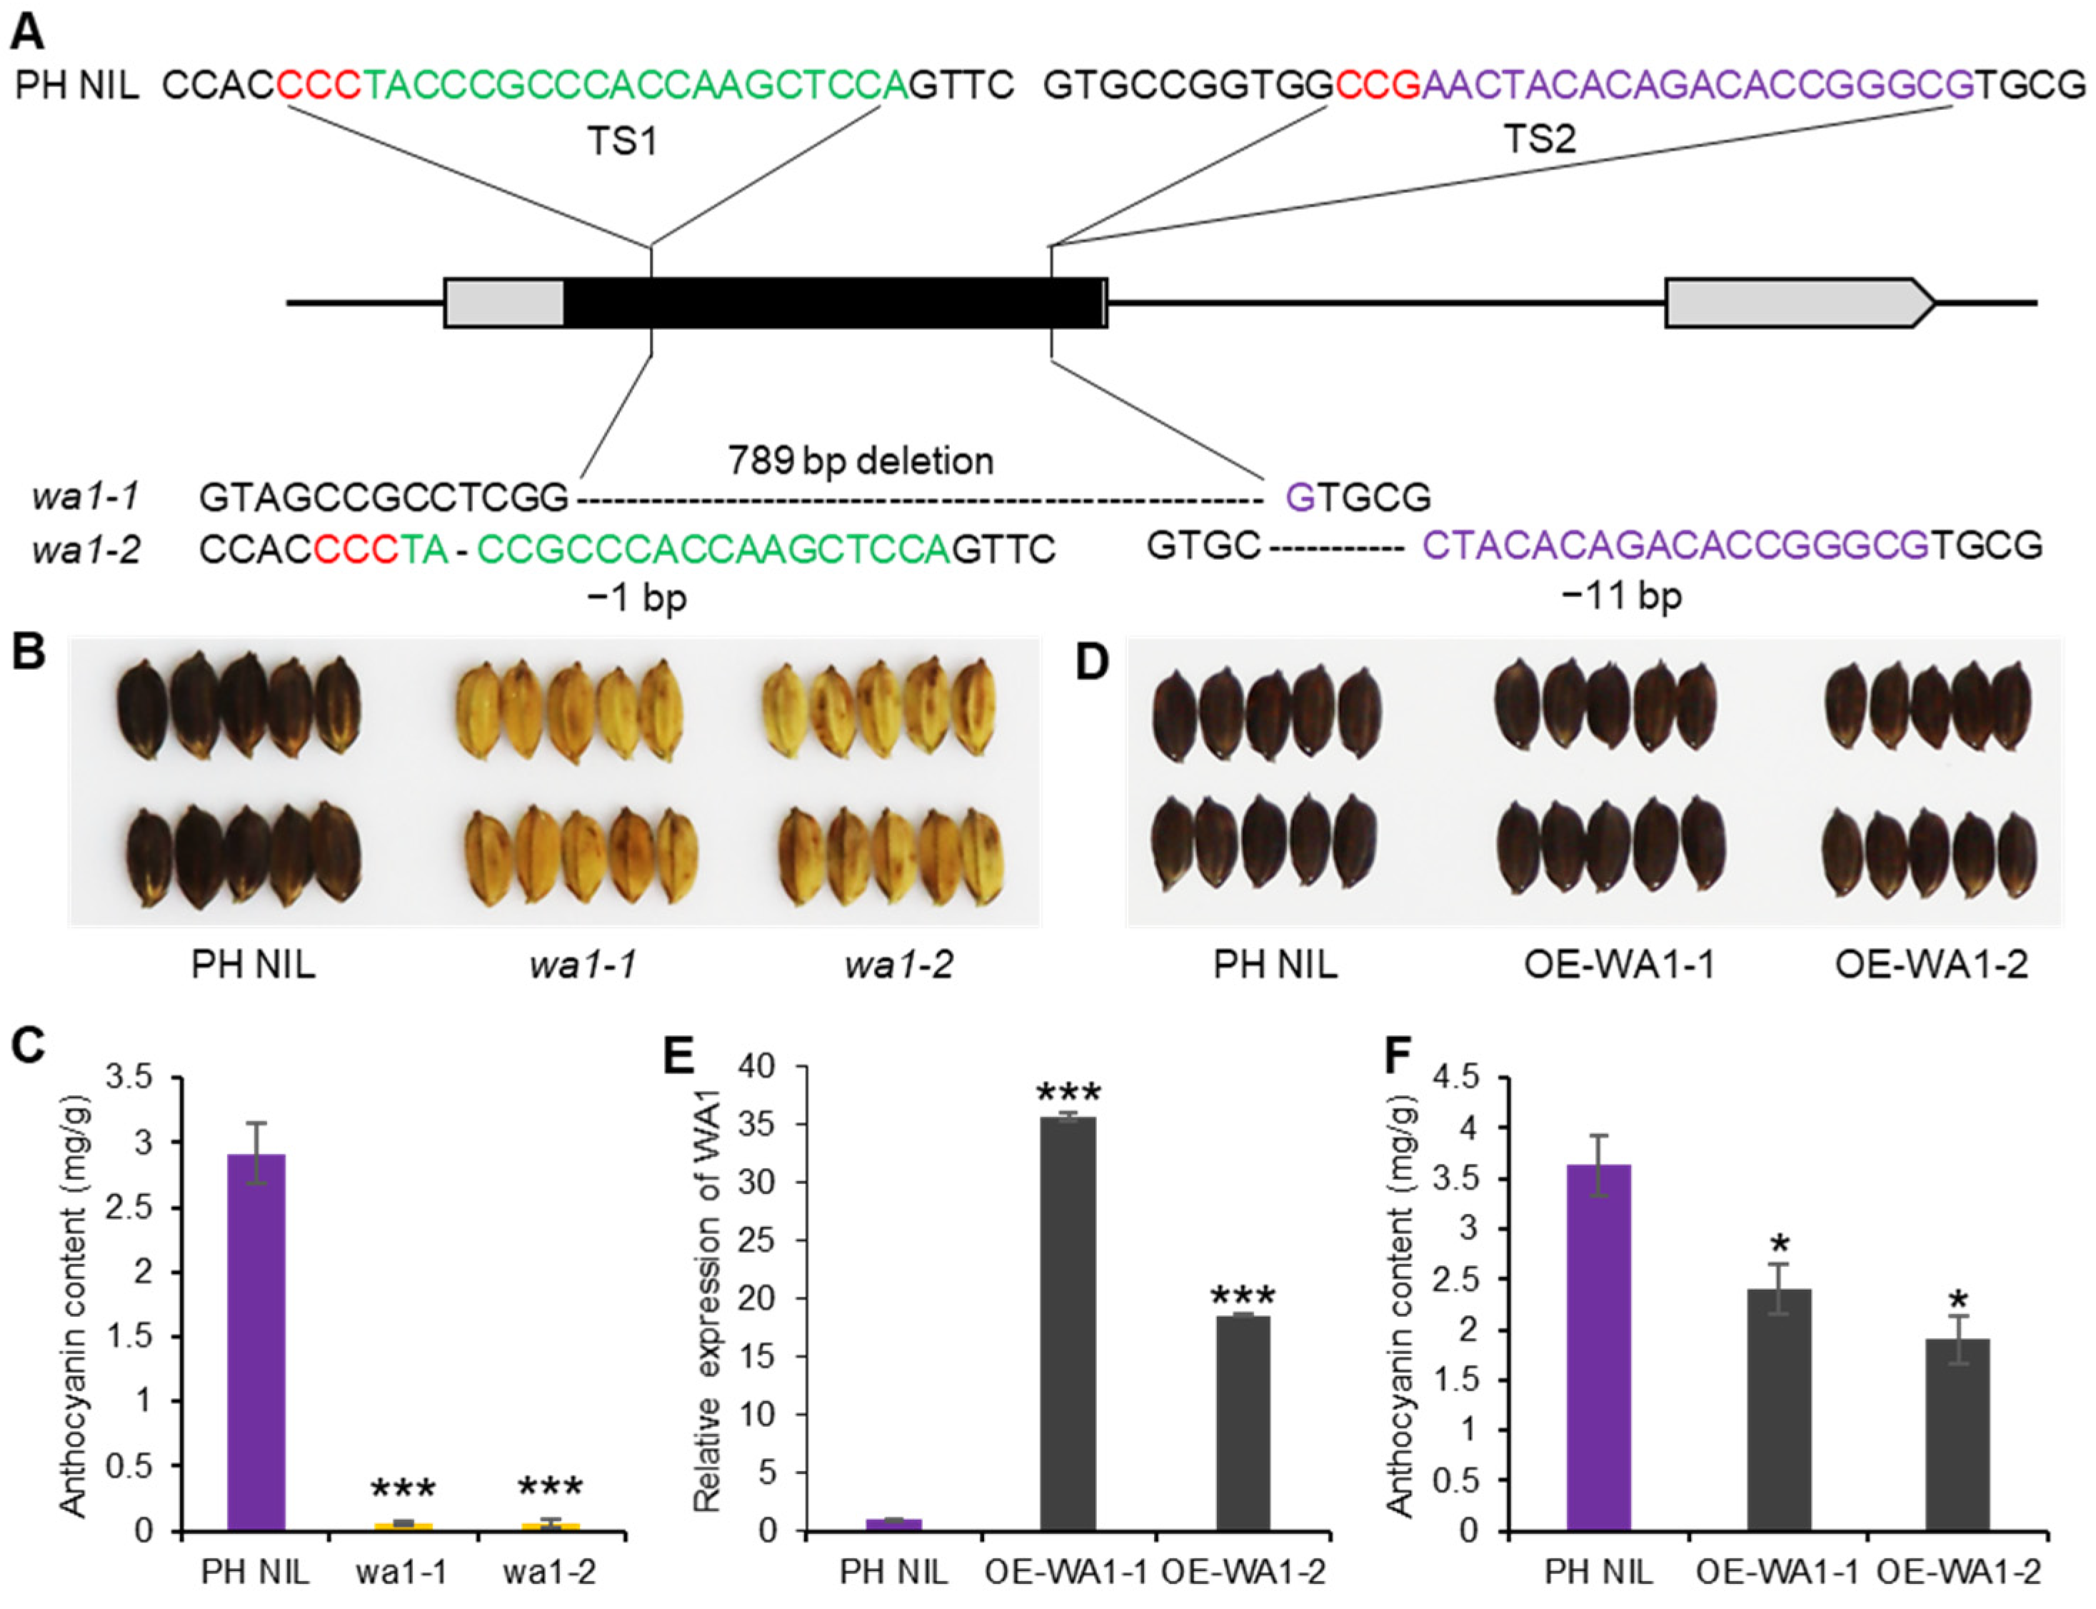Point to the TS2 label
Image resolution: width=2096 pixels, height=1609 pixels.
coord(1540,140)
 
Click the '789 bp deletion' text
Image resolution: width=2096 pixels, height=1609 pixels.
coord(861,461)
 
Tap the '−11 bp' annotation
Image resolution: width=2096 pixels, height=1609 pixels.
coord(1622,596)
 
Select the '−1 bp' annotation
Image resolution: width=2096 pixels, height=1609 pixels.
coord(638,598)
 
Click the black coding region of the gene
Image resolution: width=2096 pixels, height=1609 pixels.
coord(833,303)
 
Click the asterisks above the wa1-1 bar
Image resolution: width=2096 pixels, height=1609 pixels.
coord(403,1488)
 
